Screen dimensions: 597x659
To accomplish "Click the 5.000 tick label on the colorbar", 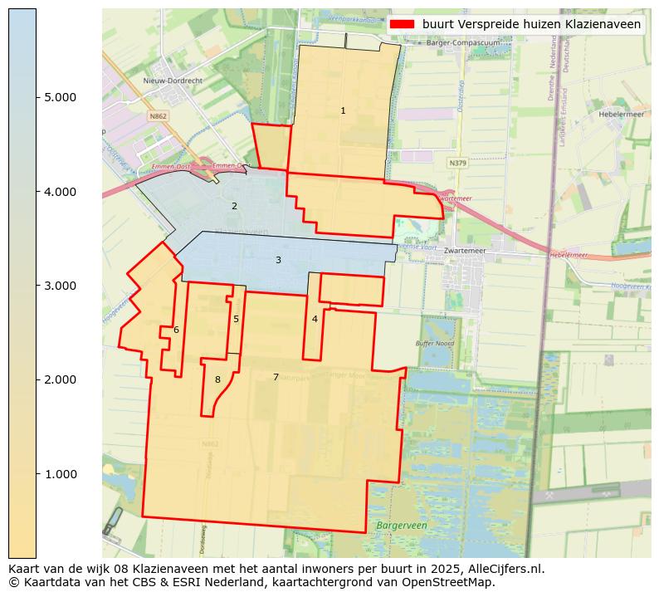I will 60,97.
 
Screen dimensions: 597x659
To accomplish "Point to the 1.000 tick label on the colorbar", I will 60,474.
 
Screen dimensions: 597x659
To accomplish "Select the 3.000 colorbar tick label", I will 60,286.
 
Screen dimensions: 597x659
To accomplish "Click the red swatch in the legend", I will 402,25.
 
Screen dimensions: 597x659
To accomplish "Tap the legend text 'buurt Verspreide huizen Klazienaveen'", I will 531,25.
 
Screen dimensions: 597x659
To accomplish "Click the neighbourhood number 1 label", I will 343,110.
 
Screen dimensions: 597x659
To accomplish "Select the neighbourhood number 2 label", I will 234,206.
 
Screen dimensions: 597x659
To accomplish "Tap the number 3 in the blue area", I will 278,260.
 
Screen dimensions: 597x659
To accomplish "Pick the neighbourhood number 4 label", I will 315,319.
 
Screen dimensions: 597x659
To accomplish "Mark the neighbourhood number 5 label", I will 236,319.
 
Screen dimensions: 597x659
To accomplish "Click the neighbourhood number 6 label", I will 176,330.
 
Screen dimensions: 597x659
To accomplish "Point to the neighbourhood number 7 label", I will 276,377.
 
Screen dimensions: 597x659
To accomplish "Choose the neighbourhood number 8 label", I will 217,379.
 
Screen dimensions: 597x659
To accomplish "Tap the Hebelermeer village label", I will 622,115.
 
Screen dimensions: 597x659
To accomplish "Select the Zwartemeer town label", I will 464,250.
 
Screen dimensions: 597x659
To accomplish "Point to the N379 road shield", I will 457,164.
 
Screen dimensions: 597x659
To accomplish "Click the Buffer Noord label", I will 435,343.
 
